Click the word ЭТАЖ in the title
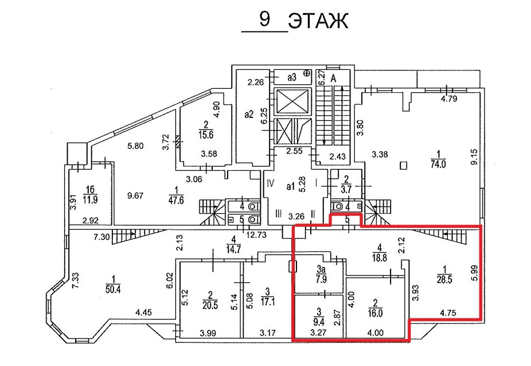click(318, 22)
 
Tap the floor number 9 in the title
click(265, 19)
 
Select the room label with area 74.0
click(438, 159)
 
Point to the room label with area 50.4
click(113, 284)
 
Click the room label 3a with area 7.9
click(321, 275)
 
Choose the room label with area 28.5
click(444, 274)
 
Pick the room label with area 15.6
click(206, 129)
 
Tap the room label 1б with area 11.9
click(90, 195)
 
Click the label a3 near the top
click(292, 77)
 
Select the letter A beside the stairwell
click(333, 79)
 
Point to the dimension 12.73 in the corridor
click(256, 234)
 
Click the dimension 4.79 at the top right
click(450, 99)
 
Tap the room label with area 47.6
click(176, 195)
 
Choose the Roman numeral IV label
click(270, 184)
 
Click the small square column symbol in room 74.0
click(403, 166)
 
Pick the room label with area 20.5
click(210, 300)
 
